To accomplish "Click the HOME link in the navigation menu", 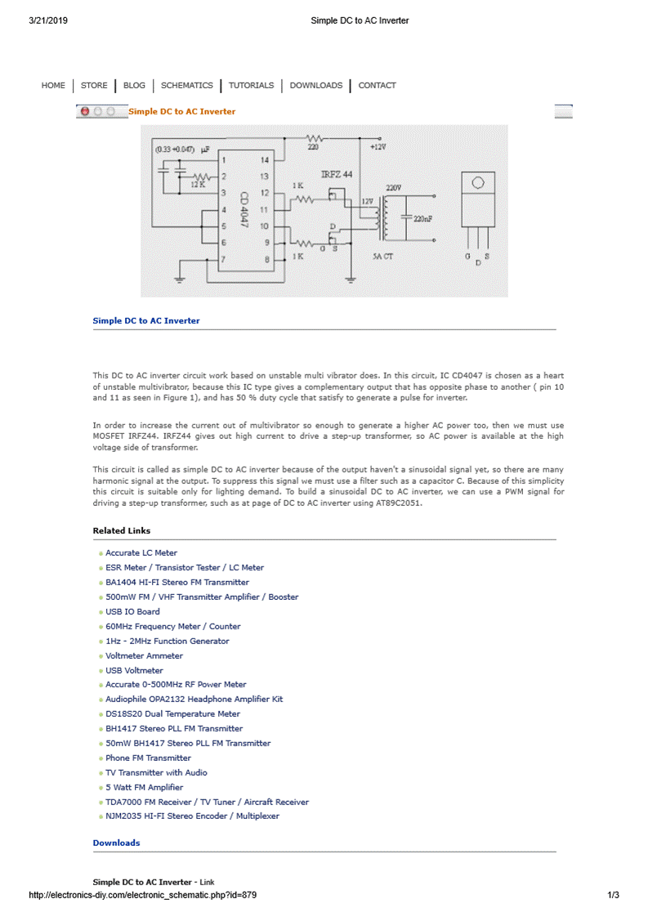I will [x=53, y=86].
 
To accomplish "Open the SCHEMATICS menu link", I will [x=186, y=86].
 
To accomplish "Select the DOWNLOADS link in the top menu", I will [x=315, y=86].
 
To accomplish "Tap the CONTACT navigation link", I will [x=377, y=86].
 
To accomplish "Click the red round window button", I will [x=84, y=111].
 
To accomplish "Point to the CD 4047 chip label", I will [x=244, y=210].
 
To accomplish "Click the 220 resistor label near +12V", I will [x=313, y=148].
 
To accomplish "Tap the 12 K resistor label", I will [x=198, y=186].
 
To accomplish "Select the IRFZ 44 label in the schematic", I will [x=337, y=175].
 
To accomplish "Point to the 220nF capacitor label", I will [x=423, y=219].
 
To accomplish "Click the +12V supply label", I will [x=377, y=148].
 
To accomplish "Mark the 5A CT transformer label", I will [x=383, y=257].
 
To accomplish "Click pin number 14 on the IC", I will [x=264, y=160].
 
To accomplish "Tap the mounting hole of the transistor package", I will [x=478, y=183].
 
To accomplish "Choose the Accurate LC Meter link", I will [x=141, y=553].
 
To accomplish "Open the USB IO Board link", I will [x=132, y=612].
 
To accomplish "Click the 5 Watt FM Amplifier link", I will [x=144, y=787].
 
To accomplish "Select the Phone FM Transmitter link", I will [x=148, y=758].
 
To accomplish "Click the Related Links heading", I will [x=122, y=531].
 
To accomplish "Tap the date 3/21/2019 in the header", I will [x=48, y=20].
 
